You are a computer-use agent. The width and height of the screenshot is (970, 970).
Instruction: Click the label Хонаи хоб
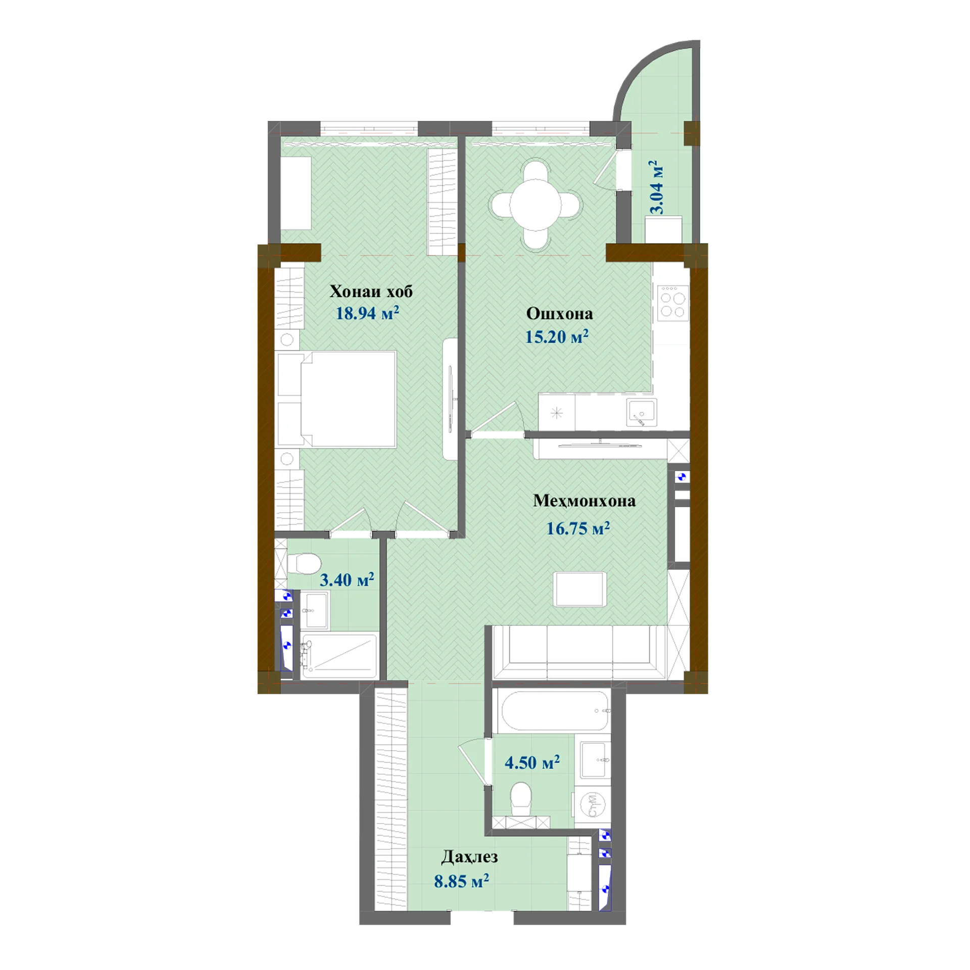pos(371,292)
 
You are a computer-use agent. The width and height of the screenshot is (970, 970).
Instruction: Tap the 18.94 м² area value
pos(367,313)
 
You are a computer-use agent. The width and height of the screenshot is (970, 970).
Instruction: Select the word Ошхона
pos(559,314)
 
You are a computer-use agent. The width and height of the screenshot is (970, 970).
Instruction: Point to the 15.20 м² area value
pos(557,336)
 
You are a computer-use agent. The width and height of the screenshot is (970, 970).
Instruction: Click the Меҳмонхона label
pos(584,501)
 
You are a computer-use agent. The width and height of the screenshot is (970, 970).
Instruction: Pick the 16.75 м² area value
pos(578,528)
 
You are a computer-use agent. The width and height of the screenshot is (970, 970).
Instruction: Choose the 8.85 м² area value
pos(461,881)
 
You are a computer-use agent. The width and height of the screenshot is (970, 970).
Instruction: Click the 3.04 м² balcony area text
pos(656,187)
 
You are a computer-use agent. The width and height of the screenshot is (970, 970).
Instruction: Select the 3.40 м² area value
pos(347,579)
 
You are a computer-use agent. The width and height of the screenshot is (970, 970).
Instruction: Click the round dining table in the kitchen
pos(536,204)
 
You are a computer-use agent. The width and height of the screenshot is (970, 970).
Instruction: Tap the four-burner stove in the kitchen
pos(673,303)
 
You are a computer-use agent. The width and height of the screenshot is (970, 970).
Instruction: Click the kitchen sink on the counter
pos(642,412)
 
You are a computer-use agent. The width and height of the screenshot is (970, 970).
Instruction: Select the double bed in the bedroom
pos(336,400)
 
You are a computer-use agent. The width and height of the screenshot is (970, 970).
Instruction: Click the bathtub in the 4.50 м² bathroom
pos(553,710)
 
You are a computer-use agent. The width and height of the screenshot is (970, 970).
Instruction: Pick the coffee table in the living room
pos(580,589)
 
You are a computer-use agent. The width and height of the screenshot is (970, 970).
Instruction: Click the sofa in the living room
pos(578,652)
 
